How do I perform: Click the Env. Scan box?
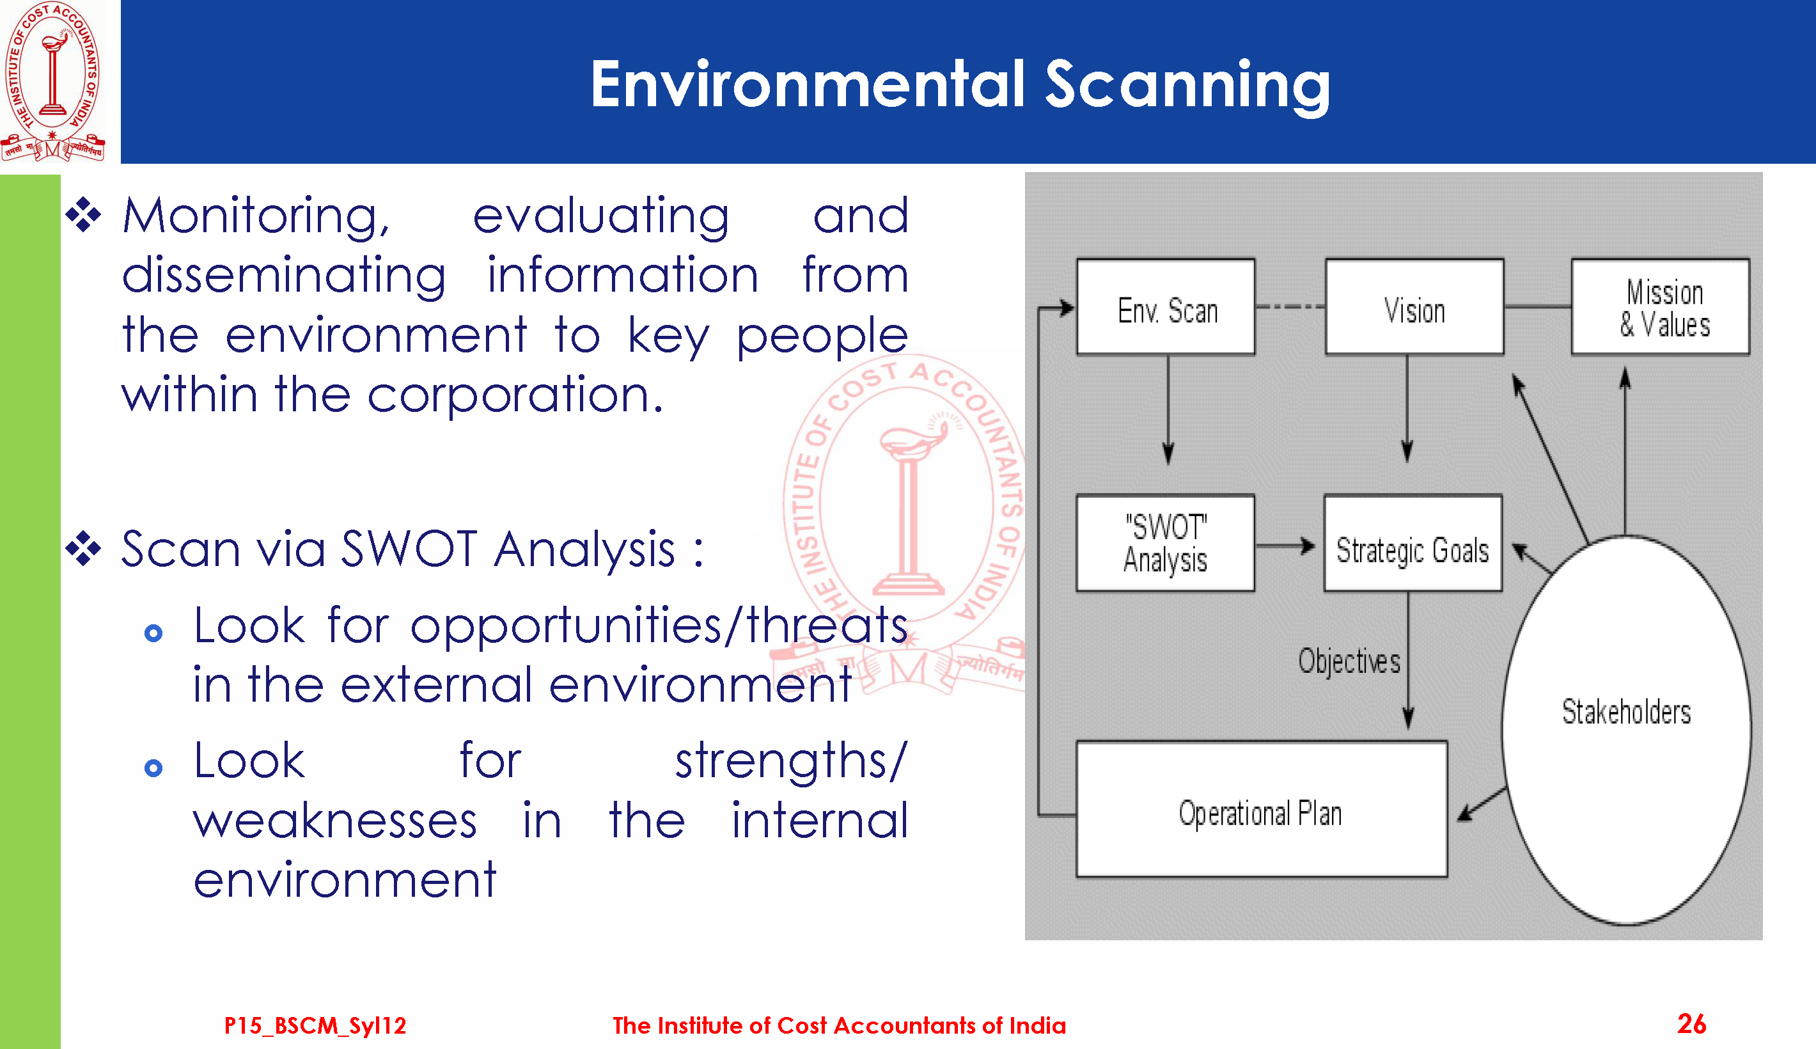coord(1166,307)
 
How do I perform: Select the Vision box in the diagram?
coord(1414,307)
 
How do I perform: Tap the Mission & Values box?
coord(1661,307)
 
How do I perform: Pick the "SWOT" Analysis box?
coord(1165,543)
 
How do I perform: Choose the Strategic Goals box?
coord(1413,543)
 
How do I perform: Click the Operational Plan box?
coord(1262,809)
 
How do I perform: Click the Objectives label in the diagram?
coord(1349,661)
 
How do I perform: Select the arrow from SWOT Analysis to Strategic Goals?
coord(1285,546)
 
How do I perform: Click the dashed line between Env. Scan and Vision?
coord(1290,307)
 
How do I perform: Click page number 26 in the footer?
coord(1691,1024)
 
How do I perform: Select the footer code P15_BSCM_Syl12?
coord(315,1025)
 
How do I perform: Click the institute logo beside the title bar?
coord(52,81)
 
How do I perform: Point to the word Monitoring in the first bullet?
coord(256,216)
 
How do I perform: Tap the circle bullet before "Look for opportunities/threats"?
coord(153,633)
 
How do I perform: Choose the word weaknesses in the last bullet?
coord(335,821)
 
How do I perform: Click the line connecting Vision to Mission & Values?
coord(1537,307)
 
